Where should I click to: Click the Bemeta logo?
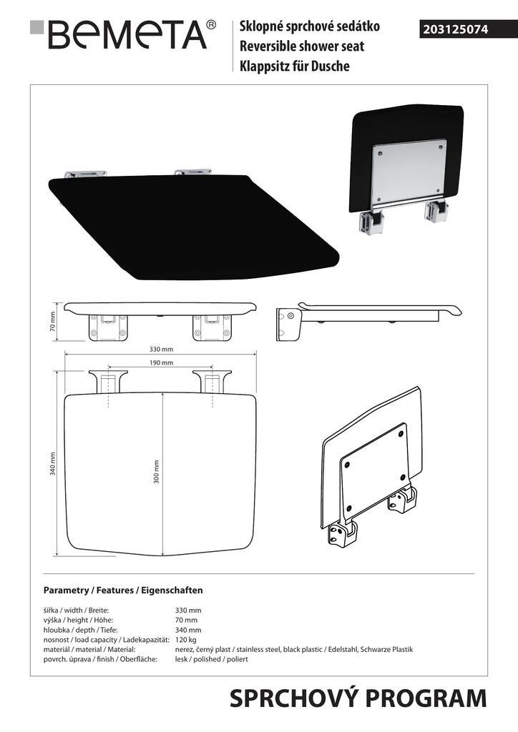[123, 34]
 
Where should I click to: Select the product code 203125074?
[456, 29]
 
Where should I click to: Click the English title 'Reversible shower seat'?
[302, 46]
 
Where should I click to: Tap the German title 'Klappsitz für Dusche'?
[294, 66]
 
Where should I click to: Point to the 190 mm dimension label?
[161, 362]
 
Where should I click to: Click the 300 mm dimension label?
[157, 472]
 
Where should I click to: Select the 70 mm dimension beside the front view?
[52, 321]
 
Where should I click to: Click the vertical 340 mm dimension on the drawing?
[53, 463]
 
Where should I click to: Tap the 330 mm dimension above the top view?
[161, 349]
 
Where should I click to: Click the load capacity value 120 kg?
[185, 640]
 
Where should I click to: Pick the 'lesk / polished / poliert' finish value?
[211, 659]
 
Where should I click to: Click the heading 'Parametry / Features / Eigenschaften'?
[123, 590]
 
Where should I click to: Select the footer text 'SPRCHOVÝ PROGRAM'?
[358, 699]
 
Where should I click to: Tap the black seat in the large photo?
[194, 227]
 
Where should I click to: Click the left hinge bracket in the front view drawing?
[108, 327]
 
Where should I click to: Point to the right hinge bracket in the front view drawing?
[212, 327]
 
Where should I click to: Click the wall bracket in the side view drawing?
[287, 324]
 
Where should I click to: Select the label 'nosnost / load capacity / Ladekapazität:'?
[106, 640]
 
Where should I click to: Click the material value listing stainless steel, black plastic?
[294, 649]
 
